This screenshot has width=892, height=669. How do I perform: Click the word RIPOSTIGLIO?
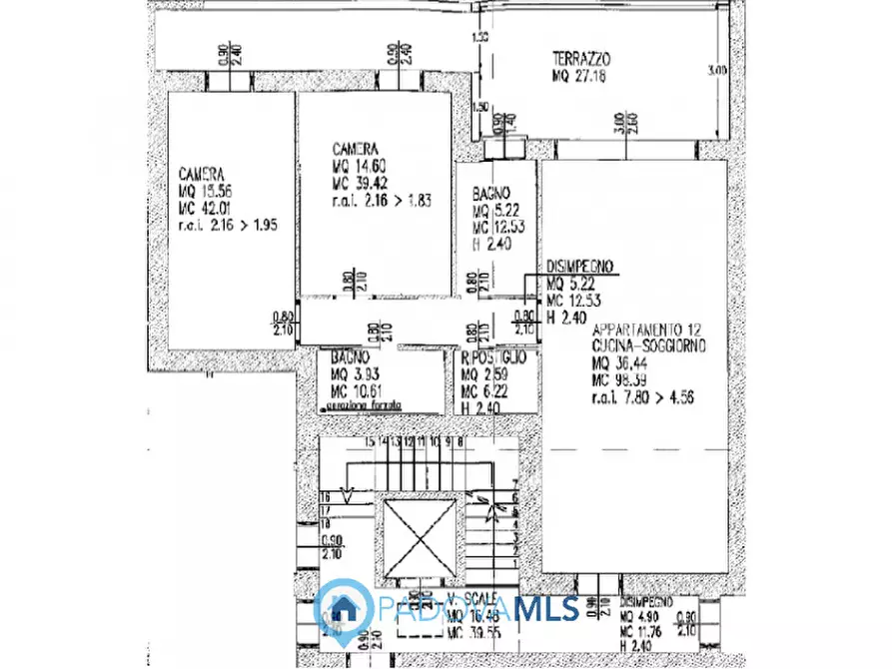[x=495, y=355]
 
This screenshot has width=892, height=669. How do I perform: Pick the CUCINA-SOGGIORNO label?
[x=648, y=344]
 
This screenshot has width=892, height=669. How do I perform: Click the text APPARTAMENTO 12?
[x=650, y=329]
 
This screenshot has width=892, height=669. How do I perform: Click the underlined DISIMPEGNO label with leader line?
[x=580, y=267]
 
